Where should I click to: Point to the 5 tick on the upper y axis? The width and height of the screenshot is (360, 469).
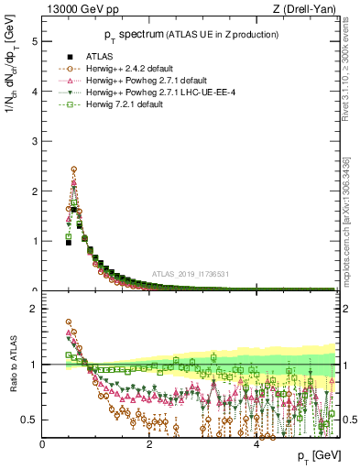[36, 41]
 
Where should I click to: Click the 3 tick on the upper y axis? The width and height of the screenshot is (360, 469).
[36, 141]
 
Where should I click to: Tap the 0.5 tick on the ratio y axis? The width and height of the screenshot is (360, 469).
[32, 420]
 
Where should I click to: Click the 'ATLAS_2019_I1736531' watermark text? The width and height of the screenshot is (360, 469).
[191, 275]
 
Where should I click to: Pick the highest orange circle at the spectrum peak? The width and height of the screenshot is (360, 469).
[74, 169]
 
